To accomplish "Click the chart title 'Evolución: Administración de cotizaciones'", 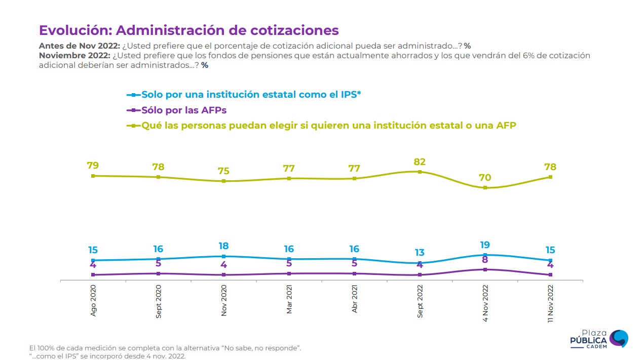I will point(188,30).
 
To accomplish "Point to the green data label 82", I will point(420,162).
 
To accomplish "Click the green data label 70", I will point(485,178).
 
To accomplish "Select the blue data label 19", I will point(485,245).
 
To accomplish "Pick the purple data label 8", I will point(485,260).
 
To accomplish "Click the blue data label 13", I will point(420,253).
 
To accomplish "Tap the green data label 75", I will point(223,171).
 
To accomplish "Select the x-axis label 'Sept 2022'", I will point(420,300).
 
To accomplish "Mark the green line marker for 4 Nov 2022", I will point(485,188).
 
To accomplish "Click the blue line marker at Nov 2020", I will point(223,256).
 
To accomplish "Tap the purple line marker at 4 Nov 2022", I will point(485,269).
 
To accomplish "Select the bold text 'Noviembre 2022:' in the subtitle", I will point(74,56).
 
